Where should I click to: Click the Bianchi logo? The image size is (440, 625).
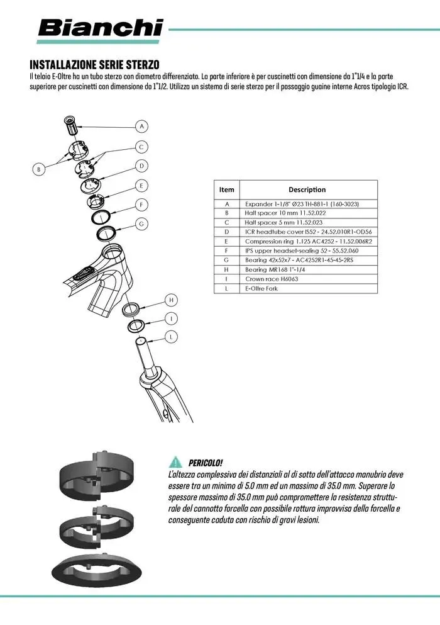tap(101, 28)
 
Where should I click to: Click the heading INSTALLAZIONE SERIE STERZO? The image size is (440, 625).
tap(94, 65)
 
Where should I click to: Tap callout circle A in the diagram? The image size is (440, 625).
tap(143, 127)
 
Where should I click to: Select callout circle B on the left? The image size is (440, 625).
tap(38, 169)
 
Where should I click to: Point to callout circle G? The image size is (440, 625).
tap(142, 224)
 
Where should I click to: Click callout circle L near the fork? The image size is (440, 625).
tap(170, 337)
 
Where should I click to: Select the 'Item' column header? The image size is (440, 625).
tap(226, 189)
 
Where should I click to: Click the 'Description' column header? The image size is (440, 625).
tap(307, 189)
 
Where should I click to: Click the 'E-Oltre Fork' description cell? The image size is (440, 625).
tap(263, 288)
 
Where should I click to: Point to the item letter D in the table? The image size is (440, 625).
tap(226, 232)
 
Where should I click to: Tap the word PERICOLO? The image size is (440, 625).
tap(206, 463)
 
